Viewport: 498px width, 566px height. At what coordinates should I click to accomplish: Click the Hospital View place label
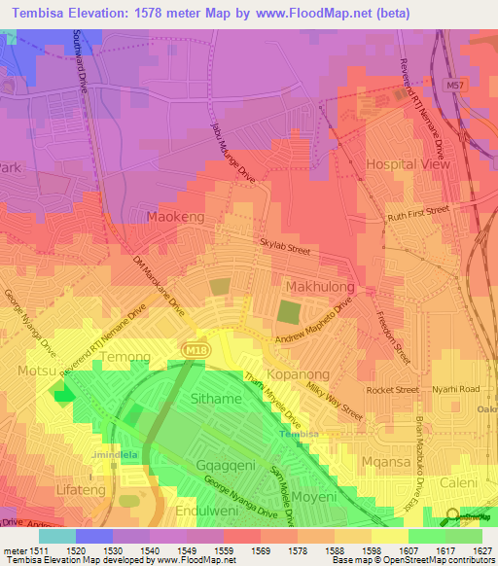point(408,164)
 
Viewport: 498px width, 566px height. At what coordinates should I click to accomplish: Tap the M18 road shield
point(192,348)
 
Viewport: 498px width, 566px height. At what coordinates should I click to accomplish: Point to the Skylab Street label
point(284,250)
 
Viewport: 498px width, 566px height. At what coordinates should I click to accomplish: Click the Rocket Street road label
point(392,389)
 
